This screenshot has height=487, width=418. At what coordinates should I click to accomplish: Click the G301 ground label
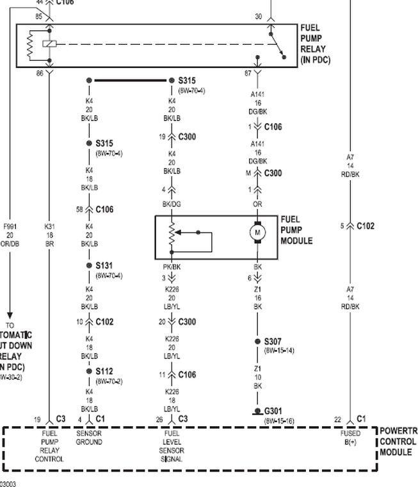[273, 411]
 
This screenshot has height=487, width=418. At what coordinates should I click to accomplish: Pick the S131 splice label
[104, 265]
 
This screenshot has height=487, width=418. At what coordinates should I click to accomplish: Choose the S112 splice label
[104, 371]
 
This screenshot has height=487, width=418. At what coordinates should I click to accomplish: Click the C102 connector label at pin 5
[366, 226]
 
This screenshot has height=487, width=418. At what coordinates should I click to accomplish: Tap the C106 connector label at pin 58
[104, 210]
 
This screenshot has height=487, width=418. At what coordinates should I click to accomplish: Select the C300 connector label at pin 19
[187, 136]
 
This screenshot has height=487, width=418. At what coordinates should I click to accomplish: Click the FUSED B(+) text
[350, 438]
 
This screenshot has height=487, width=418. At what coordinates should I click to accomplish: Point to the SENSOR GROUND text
[88, 438]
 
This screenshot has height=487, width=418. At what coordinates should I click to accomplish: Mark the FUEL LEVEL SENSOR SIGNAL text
[172, 446]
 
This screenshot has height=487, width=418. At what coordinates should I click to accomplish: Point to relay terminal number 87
[248, 74]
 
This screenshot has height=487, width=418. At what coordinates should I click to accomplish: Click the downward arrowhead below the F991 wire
[10, 315]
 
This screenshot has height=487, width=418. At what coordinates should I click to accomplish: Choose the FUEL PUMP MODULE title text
[296, 230]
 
